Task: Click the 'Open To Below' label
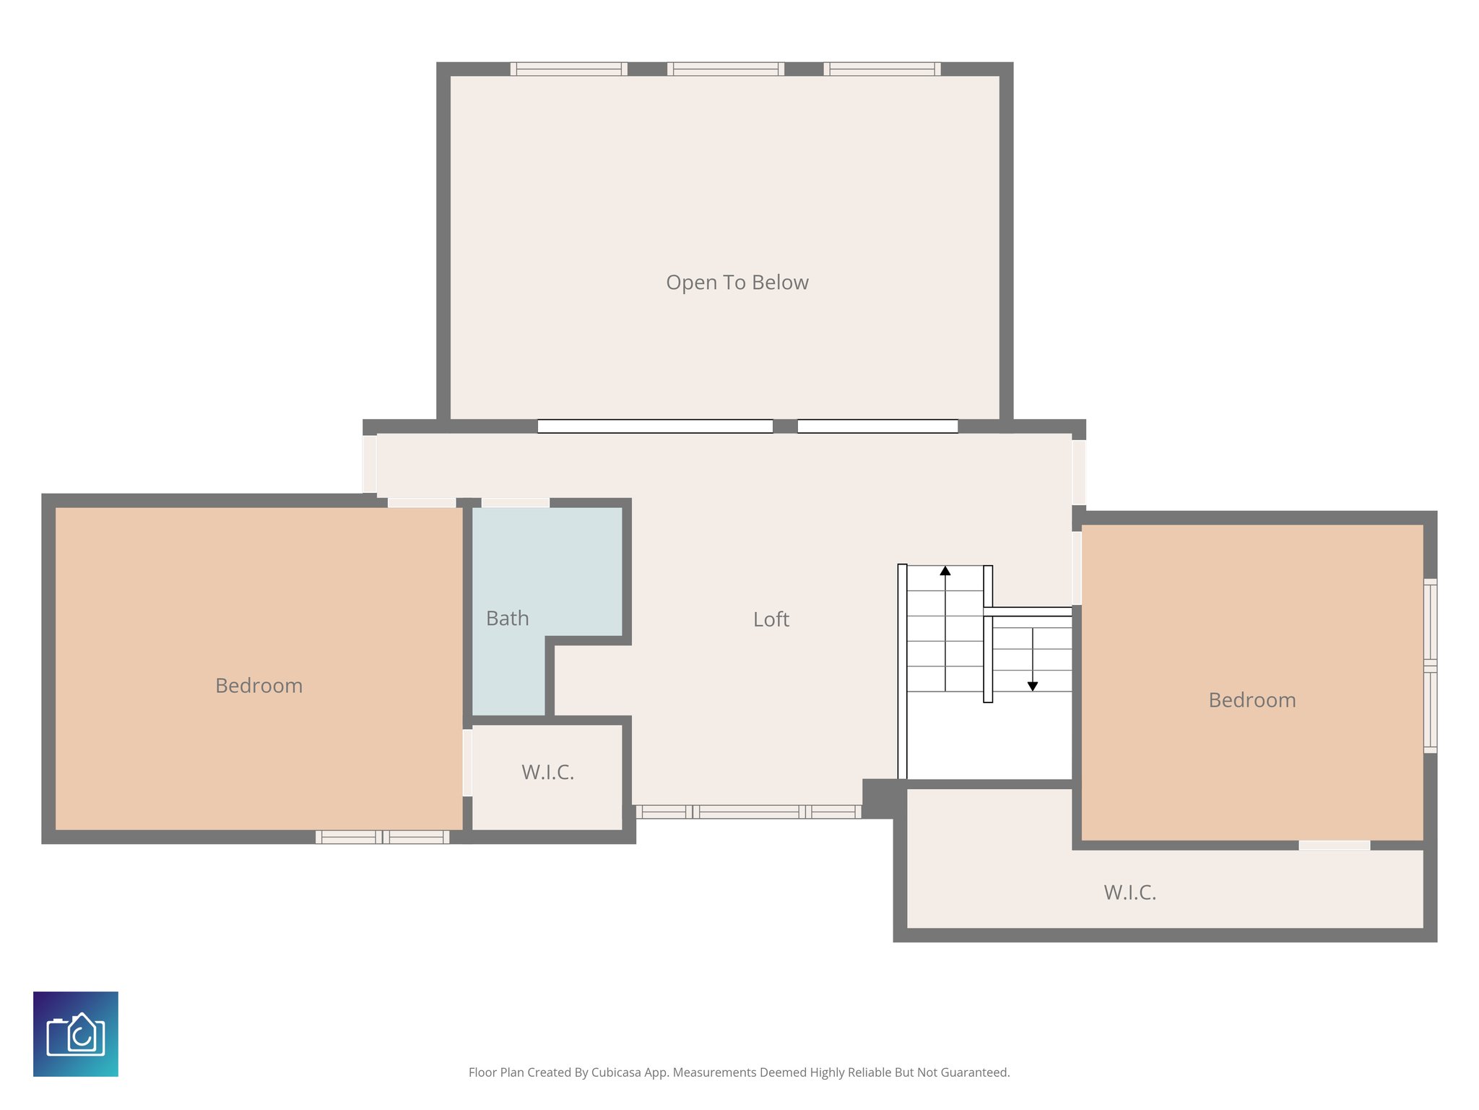[737, 283]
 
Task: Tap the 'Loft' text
[771, 619]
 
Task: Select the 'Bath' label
[507, 619]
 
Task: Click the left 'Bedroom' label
[259, 686]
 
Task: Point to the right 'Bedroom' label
[1252, 700]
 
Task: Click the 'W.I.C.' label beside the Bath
[547, 773]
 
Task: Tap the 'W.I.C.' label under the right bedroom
[1129, 892]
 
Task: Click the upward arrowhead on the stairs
[945, 571]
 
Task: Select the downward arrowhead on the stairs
[1032, 687]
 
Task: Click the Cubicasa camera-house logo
[76, 1034]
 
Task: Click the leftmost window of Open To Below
[568, 69]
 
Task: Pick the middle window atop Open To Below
[725, 69]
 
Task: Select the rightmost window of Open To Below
[882, 69]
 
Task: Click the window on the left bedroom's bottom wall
[382, 837]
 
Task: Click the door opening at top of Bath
[515, 502]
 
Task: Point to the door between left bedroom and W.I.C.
[467, 762]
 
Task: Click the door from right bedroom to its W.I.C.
[1334, 845]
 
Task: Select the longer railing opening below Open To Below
[654, 426]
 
